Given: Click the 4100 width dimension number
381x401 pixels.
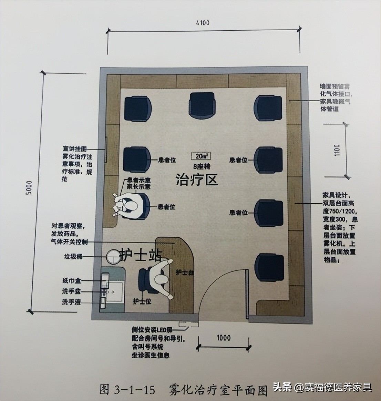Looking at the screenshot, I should (203, 23).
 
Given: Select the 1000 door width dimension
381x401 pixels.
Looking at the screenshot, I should (224, 337).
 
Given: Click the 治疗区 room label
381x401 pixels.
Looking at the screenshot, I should (197, 180).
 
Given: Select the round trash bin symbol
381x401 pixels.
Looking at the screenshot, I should (115, 256).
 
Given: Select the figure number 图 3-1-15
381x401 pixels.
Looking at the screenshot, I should (127, 389).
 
